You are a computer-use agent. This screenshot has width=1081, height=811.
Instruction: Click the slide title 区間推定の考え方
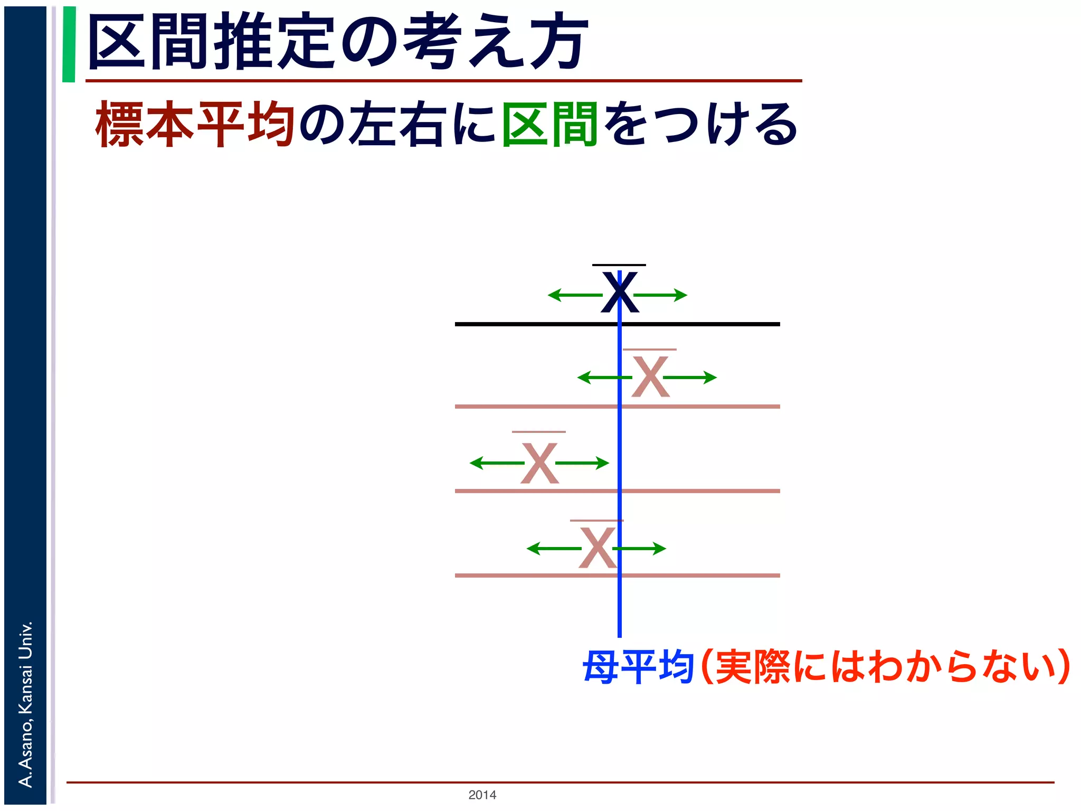click(x=338, y=42)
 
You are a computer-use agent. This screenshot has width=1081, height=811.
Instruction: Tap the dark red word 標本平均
click(x=194, y=125)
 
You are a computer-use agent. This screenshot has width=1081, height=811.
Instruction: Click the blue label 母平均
click(x=638, y=667)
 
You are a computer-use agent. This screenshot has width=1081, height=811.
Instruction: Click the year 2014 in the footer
click(x=482, y=795)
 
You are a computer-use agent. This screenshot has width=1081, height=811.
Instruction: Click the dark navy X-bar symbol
click(x=620, y=291)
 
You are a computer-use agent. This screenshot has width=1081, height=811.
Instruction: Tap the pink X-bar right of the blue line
click(x=650, y=376)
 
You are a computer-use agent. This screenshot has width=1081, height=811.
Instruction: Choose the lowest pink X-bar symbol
click(x=597, y=548)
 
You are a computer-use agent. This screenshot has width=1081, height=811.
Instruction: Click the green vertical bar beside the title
click(x=69, y=44)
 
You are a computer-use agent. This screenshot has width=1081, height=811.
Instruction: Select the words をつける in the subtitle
click(x=700, y=125)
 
